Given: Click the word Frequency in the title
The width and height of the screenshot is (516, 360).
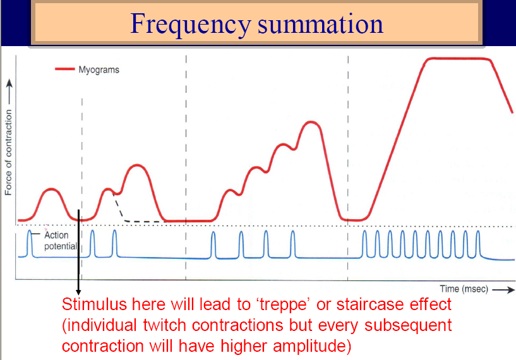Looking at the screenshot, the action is (191, 25).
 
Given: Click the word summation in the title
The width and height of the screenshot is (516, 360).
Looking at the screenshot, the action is (320, 24).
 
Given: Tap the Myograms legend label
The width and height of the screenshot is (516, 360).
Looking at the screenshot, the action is (99, 69).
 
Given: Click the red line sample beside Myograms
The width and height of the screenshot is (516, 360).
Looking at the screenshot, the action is (65, 69).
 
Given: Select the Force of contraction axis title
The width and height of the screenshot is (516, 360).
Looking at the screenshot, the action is (8, 152).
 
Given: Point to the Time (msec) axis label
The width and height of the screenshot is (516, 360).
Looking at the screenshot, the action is (464, 289).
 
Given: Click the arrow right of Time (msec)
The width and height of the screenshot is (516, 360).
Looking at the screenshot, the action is (503, 290).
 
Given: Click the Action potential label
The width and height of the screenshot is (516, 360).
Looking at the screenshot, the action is (60, 241).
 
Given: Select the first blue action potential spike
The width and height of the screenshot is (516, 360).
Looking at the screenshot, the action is (30, 243).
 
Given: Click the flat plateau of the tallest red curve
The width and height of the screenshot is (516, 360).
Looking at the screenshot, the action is (458, 59).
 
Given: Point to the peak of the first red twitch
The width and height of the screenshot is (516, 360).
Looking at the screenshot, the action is (51, 189).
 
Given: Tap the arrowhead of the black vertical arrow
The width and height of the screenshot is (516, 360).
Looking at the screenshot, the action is (78, 292).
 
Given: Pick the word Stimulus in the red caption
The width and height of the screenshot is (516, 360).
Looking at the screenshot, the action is (95, 304).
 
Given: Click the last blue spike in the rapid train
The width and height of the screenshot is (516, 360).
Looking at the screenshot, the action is (478, 244).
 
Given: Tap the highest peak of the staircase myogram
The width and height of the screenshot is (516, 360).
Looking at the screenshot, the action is (310, 122).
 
